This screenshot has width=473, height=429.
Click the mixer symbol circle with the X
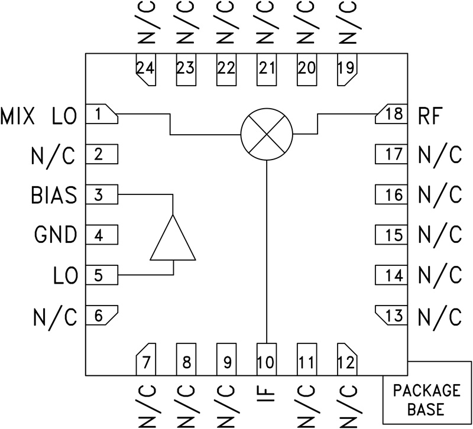click(x=267, y=134)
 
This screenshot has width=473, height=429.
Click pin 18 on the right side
click(x=392, y=115)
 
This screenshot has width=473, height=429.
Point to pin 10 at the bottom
click(x=266, y=359)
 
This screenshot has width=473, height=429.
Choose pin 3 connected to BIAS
click(x=102, y=195)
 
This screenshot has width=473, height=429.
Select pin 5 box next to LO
click(x=102, y=275)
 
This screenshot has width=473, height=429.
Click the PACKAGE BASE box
click(x=427, y=399)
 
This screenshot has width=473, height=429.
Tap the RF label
click(x=430, y=116)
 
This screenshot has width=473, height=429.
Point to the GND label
click(x=56, y=235)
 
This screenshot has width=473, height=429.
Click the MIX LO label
click(x=39, y=116)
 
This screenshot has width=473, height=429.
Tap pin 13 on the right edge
click(x=392, y=316)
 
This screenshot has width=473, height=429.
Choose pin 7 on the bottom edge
click(x=145, y=359)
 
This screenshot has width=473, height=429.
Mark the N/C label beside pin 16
click(x=439, y=195)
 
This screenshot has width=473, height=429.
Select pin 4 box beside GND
click(x=102, y=235)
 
